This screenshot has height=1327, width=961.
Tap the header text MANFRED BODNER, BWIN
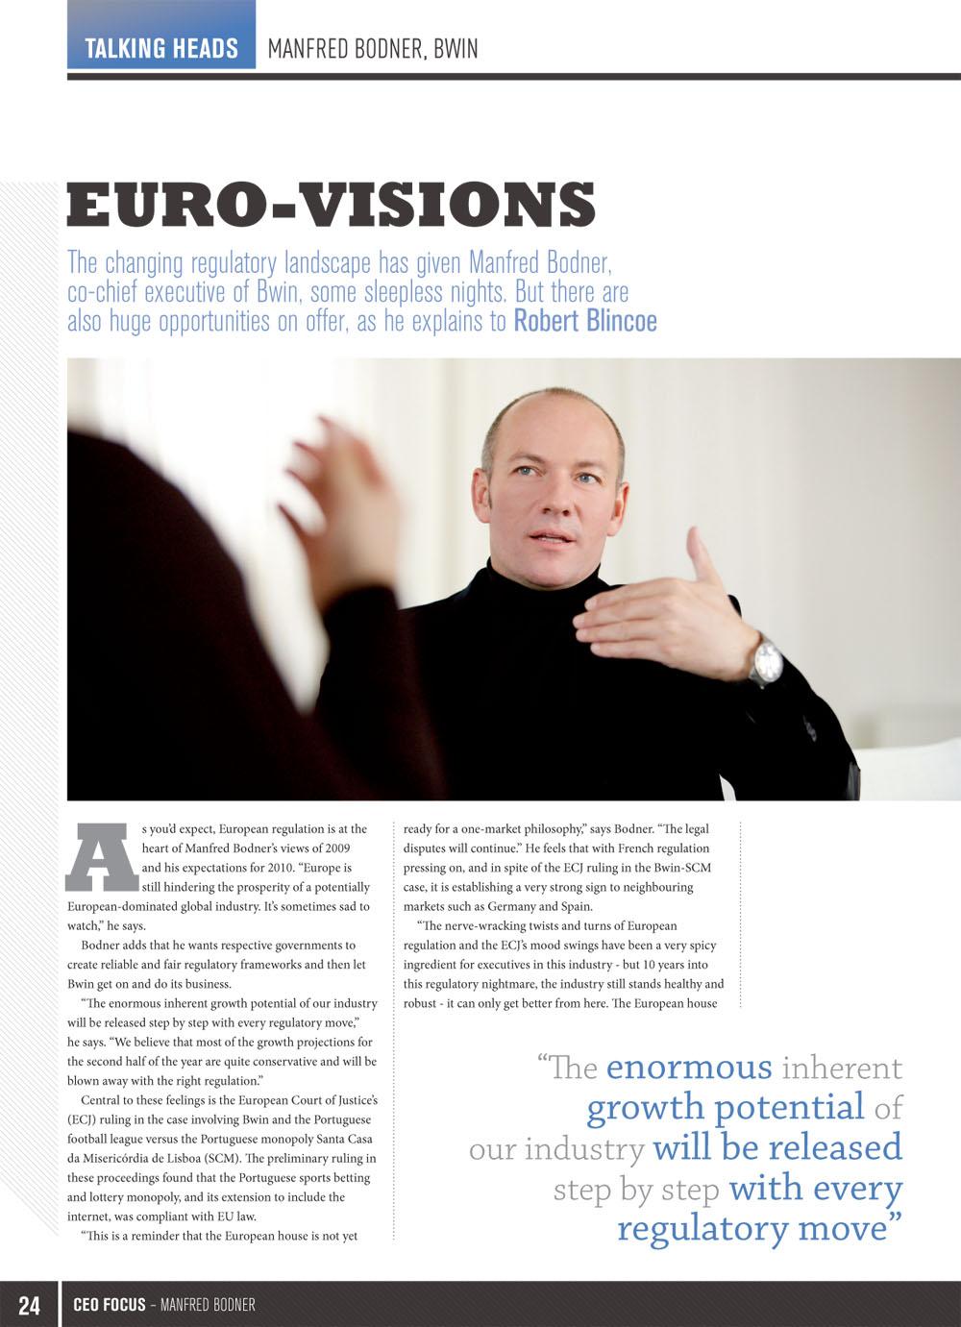(372, 48)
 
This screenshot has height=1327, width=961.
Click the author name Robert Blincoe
(585, 321)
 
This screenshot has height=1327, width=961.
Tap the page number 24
(30, 1305)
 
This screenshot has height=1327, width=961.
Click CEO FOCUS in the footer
(110, 1305)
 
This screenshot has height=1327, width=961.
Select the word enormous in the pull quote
(689, 1068)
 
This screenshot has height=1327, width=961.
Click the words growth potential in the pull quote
(726, 1108)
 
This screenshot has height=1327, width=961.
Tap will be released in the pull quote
(777, 1148)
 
